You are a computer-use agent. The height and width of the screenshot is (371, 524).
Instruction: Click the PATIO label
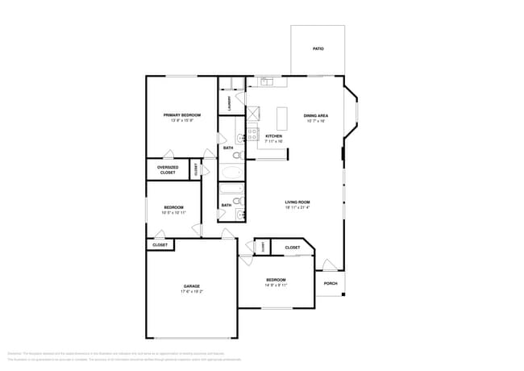pos(318,49)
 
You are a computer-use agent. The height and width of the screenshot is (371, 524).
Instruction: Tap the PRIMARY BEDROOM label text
pos(181,115)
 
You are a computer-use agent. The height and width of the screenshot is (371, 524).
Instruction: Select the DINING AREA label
pos(314,115)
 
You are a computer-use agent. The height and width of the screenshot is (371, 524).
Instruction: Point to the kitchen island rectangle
pos(283,119)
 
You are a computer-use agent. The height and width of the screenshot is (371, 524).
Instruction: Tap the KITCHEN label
pos(274,136)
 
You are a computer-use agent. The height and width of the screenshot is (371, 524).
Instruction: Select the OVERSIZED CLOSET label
pos(167,170)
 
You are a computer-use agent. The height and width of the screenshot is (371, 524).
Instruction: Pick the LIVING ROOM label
pos(297,202)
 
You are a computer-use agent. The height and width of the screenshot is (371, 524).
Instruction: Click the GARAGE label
pos(191,286)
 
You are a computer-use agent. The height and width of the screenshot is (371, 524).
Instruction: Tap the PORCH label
pos(331,283)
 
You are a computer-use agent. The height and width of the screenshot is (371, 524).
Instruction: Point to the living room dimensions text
pos(297,207)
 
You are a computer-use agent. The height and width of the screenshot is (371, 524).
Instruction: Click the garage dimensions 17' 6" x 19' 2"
pos(191,291)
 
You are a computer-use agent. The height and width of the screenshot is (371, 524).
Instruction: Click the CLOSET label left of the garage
pos(160,244)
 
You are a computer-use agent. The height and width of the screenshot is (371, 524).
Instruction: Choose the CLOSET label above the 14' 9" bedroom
pos(292,248)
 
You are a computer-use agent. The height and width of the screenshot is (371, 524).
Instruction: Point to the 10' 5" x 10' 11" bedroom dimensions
pos(173,213)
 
